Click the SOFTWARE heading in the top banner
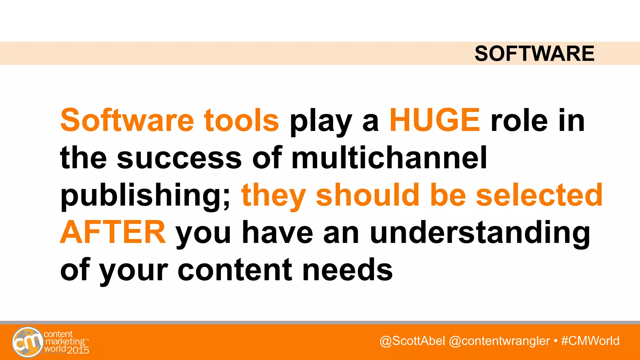(x=534, y=53)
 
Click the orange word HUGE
(x=435, y=120)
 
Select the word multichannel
(x=389, y=157)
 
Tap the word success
(x=179, y=158)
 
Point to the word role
(x=519, y=121)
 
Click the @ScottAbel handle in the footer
(x=412, y=341)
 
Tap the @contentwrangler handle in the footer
(x=499, y=341)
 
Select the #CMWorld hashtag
(x=590, y=341)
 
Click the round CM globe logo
(x=27, y=342)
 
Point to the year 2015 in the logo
(x=78, y=350)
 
